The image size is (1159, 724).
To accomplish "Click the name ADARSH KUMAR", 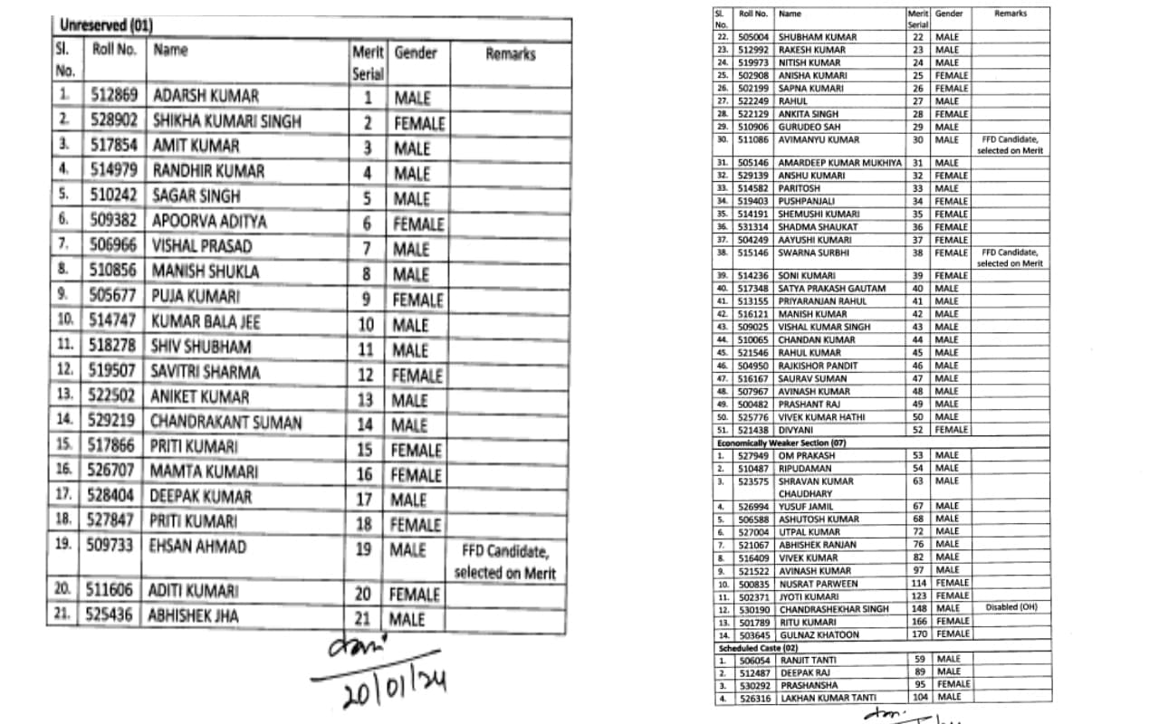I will coord(206,96).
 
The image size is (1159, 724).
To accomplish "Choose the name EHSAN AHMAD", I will coord(198,547).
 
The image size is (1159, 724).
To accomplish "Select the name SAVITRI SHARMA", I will coord(206,372).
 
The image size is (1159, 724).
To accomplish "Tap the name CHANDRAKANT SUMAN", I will coord(226,422).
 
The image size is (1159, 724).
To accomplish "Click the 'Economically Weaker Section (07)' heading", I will coord(781,443).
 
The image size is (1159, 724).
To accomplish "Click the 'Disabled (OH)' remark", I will coord(1010,607).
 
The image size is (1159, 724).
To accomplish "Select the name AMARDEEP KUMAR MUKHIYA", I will coord(839,163).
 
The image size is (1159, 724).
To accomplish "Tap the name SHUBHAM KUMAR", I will coord(811,37).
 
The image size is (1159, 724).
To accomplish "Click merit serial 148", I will coord(918,609).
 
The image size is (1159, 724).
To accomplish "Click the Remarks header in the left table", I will coord(510,54).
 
